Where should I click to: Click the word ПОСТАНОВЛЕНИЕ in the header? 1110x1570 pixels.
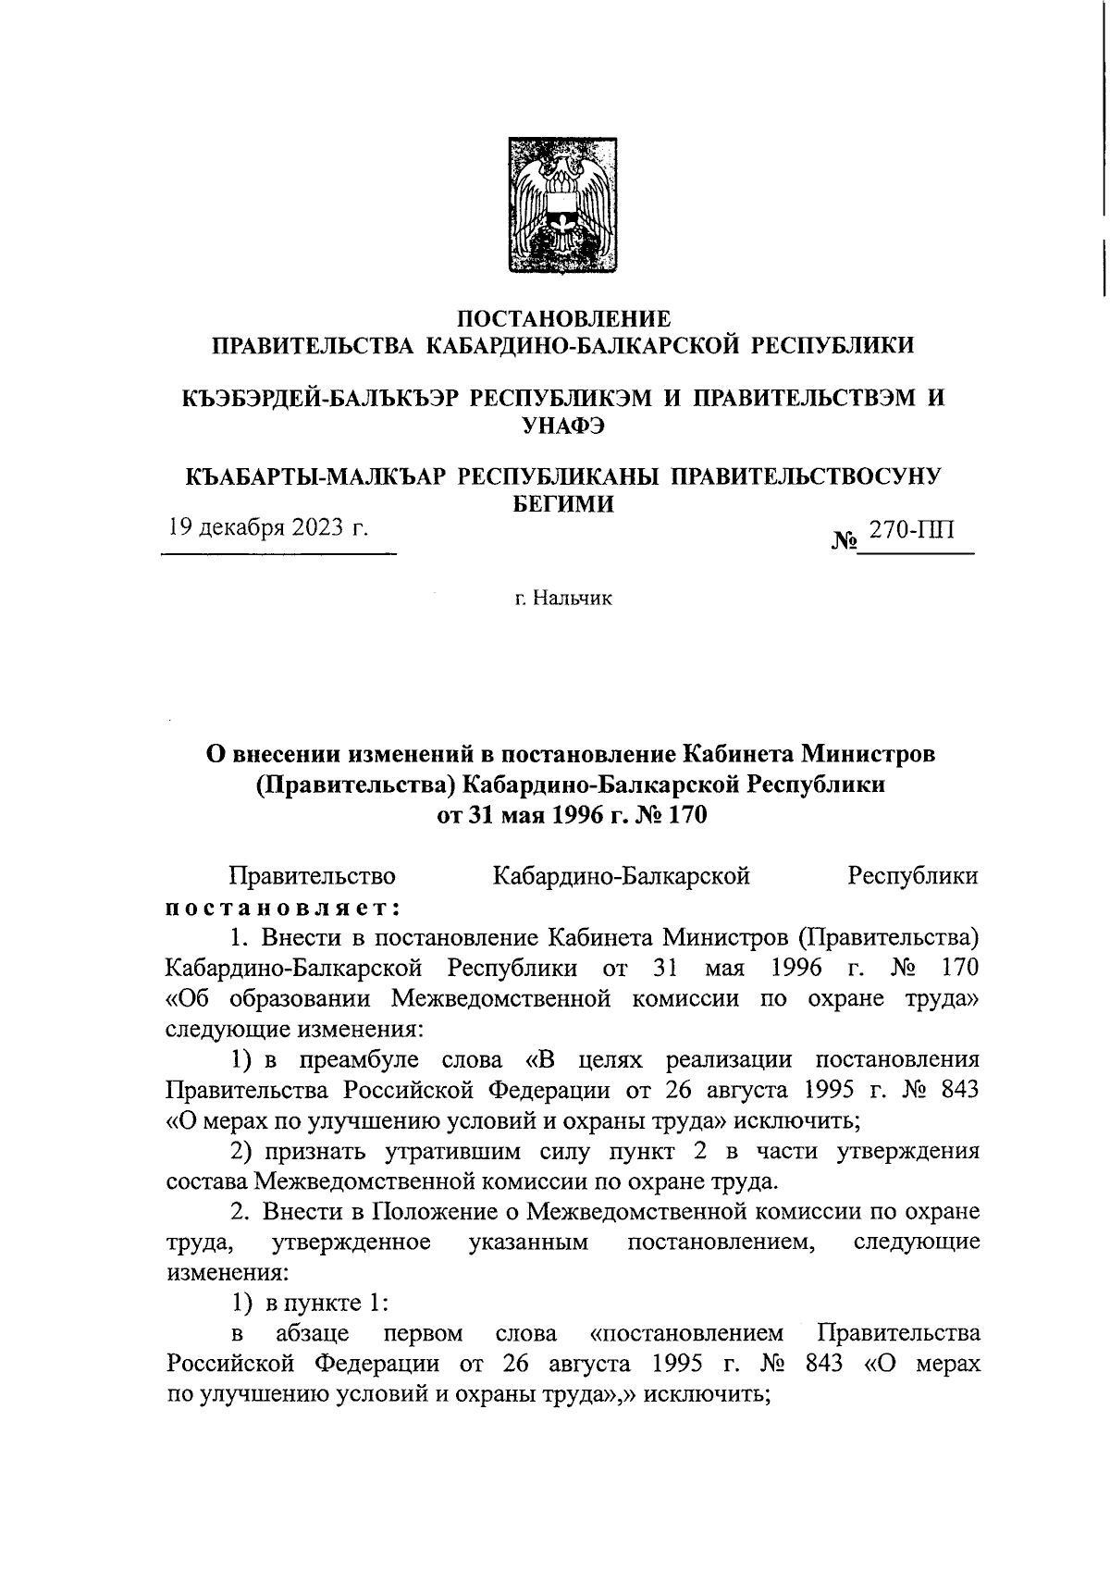(563, 320)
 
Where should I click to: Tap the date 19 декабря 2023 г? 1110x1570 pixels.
(266, 528)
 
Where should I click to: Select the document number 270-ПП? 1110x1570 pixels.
(911, 529)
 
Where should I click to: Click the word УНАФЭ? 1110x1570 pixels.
(563, 426)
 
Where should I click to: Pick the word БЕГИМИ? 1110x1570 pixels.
(563, 503)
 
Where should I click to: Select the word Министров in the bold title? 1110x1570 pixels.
(868, 753)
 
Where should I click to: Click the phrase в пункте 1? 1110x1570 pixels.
(326, 1303)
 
